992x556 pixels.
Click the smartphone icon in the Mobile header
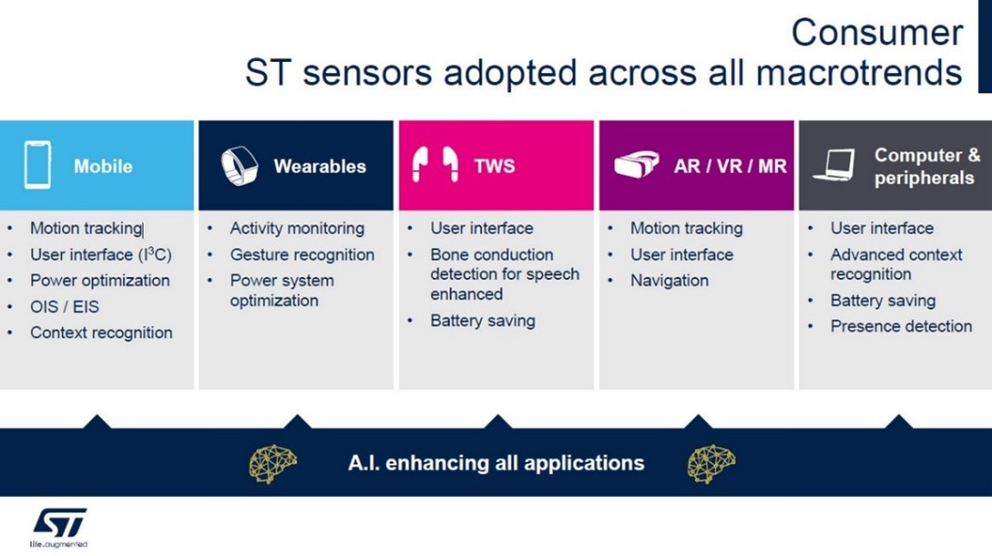(x=37, y=166)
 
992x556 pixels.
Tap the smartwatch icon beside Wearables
(x=239, y=166)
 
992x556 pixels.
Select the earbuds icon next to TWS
(x=434, y=165)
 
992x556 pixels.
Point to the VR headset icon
(x=636, y=165)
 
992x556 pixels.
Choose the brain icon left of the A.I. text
(x=272, y=463)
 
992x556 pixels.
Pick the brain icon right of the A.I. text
(x=711, y=463)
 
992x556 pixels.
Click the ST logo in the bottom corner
(x=59, y=527)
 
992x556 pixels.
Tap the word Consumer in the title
(x=877, y=32)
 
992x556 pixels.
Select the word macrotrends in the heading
(x=860, y=72)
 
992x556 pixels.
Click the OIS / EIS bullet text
(x=65, y=307)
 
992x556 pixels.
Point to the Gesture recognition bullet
(x=302, y=254)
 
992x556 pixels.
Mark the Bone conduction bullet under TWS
(x=504, y=274)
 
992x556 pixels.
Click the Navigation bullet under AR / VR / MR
(x=670, y=280)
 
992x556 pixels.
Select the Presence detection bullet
(x=901, y=326)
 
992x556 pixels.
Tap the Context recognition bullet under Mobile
(x=101, y=333)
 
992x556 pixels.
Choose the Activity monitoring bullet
(x=296, y=229)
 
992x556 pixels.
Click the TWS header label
(x=494, y=167)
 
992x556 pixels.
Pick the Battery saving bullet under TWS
(x=483, y=321)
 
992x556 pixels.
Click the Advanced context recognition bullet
(x=896, y=264)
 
